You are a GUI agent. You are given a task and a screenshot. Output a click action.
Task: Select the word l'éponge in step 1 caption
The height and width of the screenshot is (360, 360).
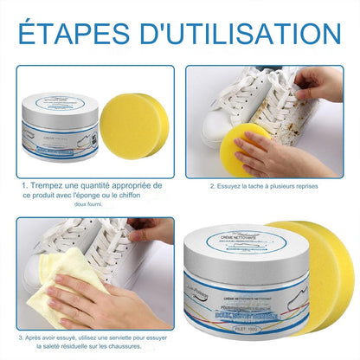[x=106, y=196]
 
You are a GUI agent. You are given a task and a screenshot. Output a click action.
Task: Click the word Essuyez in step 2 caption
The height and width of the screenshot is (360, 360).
[x=233, y=185]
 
